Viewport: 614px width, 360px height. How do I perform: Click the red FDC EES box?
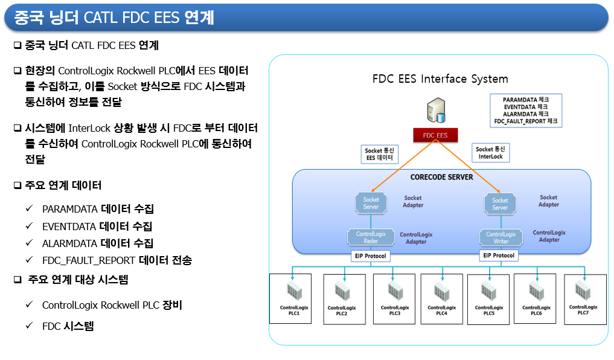coord(435,135)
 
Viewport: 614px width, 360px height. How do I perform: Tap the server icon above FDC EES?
coord(437,111)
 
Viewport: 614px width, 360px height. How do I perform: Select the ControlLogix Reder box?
coord(371,237)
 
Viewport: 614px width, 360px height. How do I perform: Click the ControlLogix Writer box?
coord(501,237)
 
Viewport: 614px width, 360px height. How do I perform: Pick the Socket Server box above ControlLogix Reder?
coord(371,203)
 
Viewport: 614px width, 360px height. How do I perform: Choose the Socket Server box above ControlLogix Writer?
coord(500,204)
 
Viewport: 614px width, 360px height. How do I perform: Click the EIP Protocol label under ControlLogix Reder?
coord(370,256)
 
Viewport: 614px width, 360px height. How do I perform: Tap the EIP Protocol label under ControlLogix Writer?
coord(499,256)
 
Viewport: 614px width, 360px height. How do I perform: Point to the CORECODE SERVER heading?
coord(442,177)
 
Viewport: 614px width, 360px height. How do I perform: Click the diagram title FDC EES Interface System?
coord(440,79)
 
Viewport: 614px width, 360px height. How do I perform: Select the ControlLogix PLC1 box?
coord(290,299)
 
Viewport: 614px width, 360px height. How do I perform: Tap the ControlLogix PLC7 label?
coord(583,310)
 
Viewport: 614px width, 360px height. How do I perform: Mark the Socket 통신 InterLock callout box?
coord(490,153)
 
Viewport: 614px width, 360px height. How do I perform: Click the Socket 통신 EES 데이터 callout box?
coord(379,154)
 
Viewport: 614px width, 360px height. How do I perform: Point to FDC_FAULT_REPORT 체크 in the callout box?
coord(525,121)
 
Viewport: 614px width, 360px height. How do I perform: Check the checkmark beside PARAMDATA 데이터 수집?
coord(29,208)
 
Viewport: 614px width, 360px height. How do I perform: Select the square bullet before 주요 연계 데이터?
coord(18,185)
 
